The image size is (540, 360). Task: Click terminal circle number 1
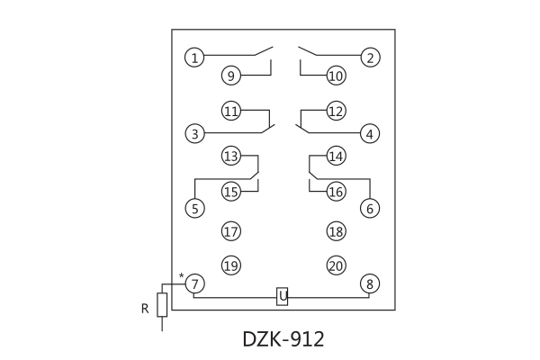point(194,58)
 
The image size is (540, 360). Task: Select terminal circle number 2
point(370,58)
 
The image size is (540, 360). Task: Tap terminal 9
point(231,76)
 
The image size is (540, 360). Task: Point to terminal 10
point(336,76)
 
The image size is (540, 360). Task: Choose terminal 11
point(231,112)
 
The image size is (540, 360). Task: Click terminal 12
point(336,112)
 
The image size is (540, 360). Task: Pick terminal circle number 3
point(194,134)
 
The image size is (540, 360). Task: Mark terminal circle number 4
point(370,134)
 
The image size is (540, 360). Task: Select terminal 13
point(231,157)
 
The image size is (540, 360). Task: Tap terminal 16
point(336,192)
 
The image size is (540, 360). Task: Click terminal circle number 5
point(194,208)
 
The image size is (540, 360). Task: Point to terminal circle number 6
point(370,208)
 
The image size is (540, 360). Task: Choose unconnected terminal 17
point(231,231)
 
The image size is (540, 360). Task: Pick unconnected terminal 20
point(336,265)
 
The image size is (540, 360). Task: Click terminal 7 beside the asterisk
point(194,283)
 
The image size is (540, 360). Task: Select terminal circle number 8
point(370,283)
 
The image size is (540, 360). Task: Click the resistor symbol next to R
point(162,304)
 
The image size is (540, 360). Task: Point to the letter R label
point(144,309)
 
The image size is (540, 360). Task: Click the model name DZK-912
point(283,339)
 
